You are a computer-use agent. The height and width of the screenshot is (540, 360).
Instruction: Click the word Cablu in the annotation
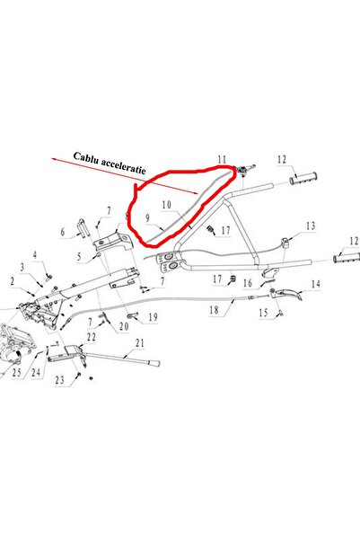(x=84, y=158)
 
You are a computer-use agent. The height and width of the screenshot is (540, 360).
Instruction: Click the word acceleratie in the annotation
(x=122, y=167)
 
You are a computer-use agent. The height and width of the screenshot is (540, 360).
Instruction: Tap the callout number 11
(x=222, y=160)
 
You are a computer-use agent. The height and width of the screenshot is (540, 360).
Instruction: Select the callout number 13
(x=311, y=226)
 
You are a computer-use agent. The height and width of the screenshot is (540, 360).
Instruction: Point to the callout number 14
(x=316, y=284)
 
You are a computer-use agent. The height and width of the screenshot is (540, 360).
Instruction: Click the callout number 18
(x=214, y=310)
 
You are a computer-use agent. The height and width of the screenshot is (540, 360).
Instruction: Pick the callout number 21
(x=139, y=343)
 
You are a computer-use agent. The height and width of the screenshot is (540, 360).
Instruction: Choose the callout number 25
(x=16, y=372)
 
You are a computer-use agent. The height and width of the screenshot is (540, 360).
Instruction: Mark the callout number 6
(x=62, y=232)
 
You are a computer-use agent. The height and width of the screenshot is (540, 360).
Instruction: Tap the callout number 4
(x=35, y=255)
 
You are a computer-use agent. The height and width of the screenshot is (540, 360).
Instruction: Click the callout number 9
(x=147, y=218)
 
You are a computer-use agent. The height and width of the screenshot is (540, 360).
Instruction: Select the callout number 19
(x=153, y=317)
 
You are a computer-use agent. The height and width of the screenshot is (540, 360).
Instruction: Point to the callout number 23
(x=59, y=380)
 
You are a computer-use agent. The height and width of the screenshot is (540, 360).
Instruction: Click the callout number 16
(x=248, y=283)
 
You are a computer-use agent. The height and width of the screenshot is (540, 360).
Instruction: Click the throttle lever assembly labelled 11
(x=245, y=170)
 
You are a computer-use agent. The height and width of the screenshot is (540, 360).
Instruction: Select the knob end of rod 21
(x=154, y=364)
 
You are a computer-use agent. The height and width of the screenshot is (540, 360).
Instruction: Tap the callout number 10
(x=167, y=205)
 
